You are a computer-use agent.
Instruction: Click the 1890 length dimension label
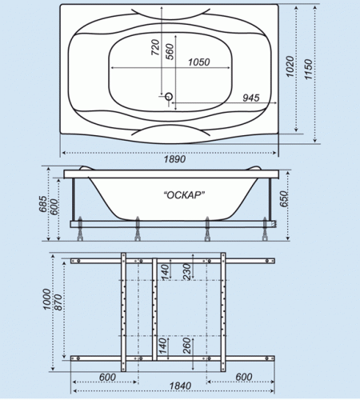(174, 159)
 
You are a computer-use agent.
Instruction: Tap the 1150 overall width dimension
(308, 70)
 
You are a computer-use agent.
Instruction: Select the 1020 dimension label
(290, 66)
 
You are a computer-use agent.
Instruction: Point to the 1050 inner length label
(199, 62)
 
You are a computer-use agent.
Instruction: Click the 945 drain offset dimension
(251, 98)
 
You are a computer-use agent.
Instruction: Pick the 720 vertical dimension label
(155, 47)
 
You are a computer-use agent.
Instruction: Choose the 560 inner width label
(170, 52)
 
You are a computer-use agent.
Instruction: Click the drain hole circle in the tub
(169, 96)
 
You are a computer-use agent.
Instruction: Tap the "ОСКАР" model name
(184, 195)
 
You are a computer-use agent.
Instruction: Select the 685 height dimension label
(42, 204)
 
